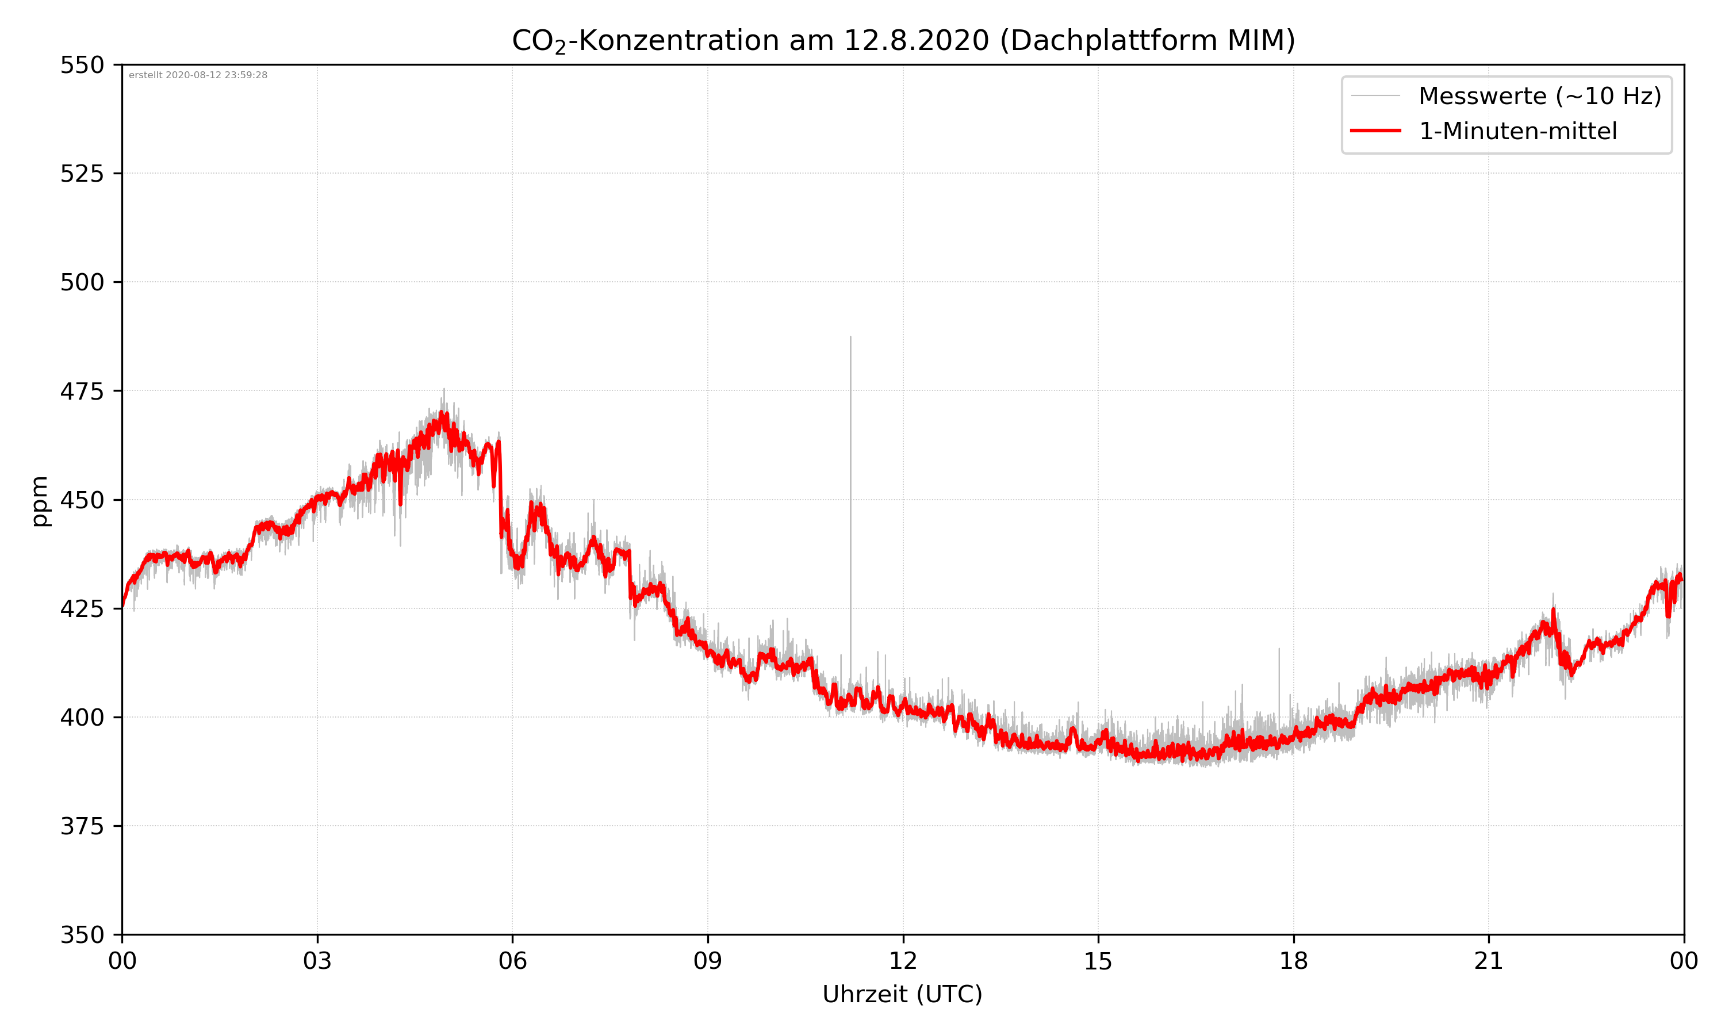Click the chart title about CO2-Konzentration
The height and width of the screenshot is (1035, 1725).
pos(903,40)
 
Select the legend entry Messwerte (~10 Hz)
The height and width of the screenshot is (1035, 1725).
pos(1539,96)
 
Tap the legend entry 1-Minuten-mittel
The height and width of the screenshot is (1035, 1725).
pos(1517,131)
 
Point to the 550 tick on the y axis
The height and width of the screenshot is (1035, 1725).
pos(82,65)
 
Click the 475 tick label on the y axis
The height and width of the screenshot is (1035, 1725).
pos(82,391)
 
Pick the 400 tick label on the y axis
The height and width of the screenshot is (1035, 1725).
pos(82,718)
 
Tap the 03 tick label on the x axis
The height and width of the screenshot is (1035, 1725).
pos(317,961)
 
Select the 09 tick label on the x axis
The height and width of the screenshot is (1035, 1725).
pos(708,961)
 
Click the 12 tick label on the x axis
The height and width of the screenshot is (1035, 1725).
pos(903,961)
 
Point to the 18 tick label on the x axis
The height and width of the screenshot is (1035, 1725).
pos(1293,961)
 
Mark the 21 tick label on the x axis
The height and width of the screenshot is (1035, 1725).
pos(1489,961)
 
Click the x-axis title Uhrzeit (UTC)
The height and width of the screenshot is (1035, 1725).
pos(902,995)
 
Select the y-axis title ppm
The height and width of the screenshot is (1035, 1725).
pos(40,501)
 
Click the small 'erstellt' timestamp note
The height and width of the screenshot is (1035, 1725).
pos(198,75)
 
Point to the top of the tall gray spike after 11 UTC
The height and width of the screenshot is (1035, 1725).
pos(850,338)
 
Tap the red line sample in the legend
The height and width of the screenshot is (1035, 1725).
pos(1375,131)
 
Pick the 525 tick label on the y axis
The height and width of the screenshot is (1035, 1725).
pos(82,174)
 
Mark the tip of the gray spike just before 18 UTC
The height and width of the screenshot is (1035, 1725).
pos(1279,649)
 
